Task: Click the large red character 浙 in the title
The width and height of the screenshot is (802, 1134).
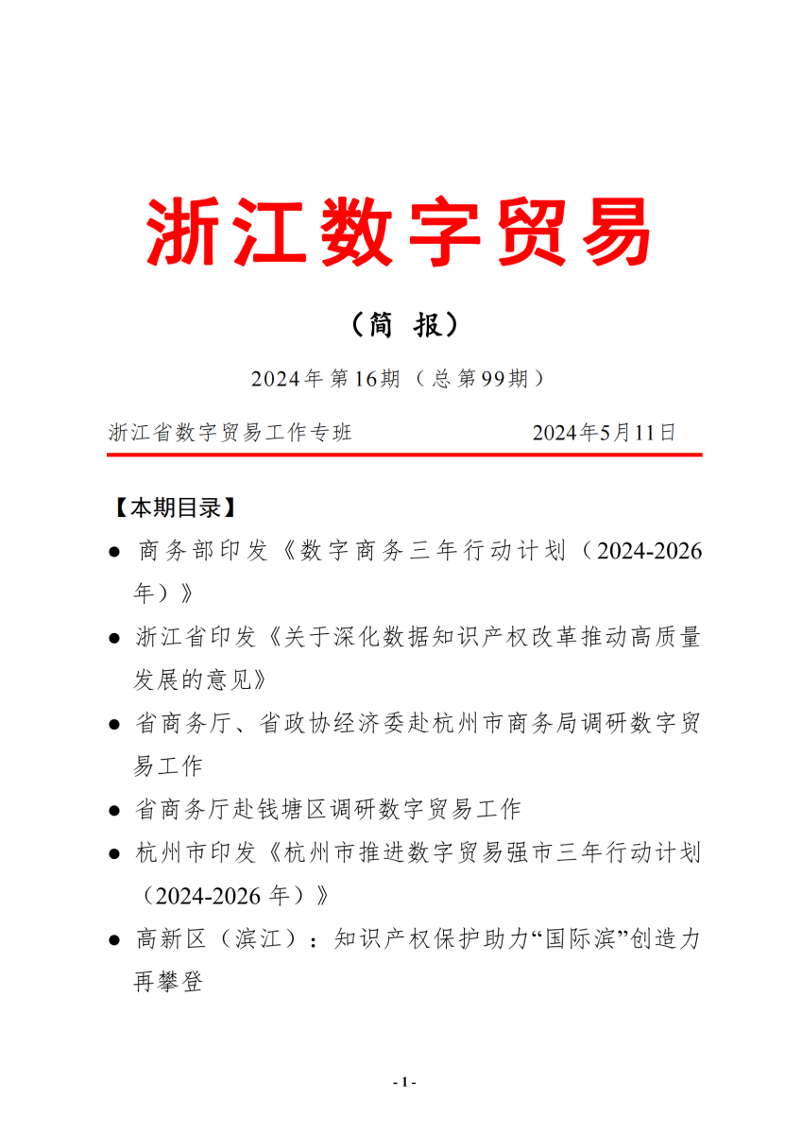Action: [x=185, y=231]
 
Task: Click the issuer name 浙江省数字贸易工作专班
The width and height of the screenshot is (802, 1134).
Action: [x=230, y=433]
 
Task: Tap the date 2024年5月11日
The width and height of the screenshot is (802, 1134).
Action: [x=605, y=433]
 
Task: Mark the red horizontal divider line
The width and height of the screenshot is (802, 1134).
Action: [x=404, y=455]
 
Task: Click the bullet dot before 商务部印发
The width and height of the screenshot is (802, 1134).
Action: [x=114, y=552]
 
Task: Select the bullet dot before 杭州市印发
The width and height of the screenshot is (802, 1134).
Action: [x=114, y=854]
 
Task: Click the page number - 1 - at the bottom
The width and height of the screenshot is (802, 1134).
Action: [x=403, y=1082]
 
